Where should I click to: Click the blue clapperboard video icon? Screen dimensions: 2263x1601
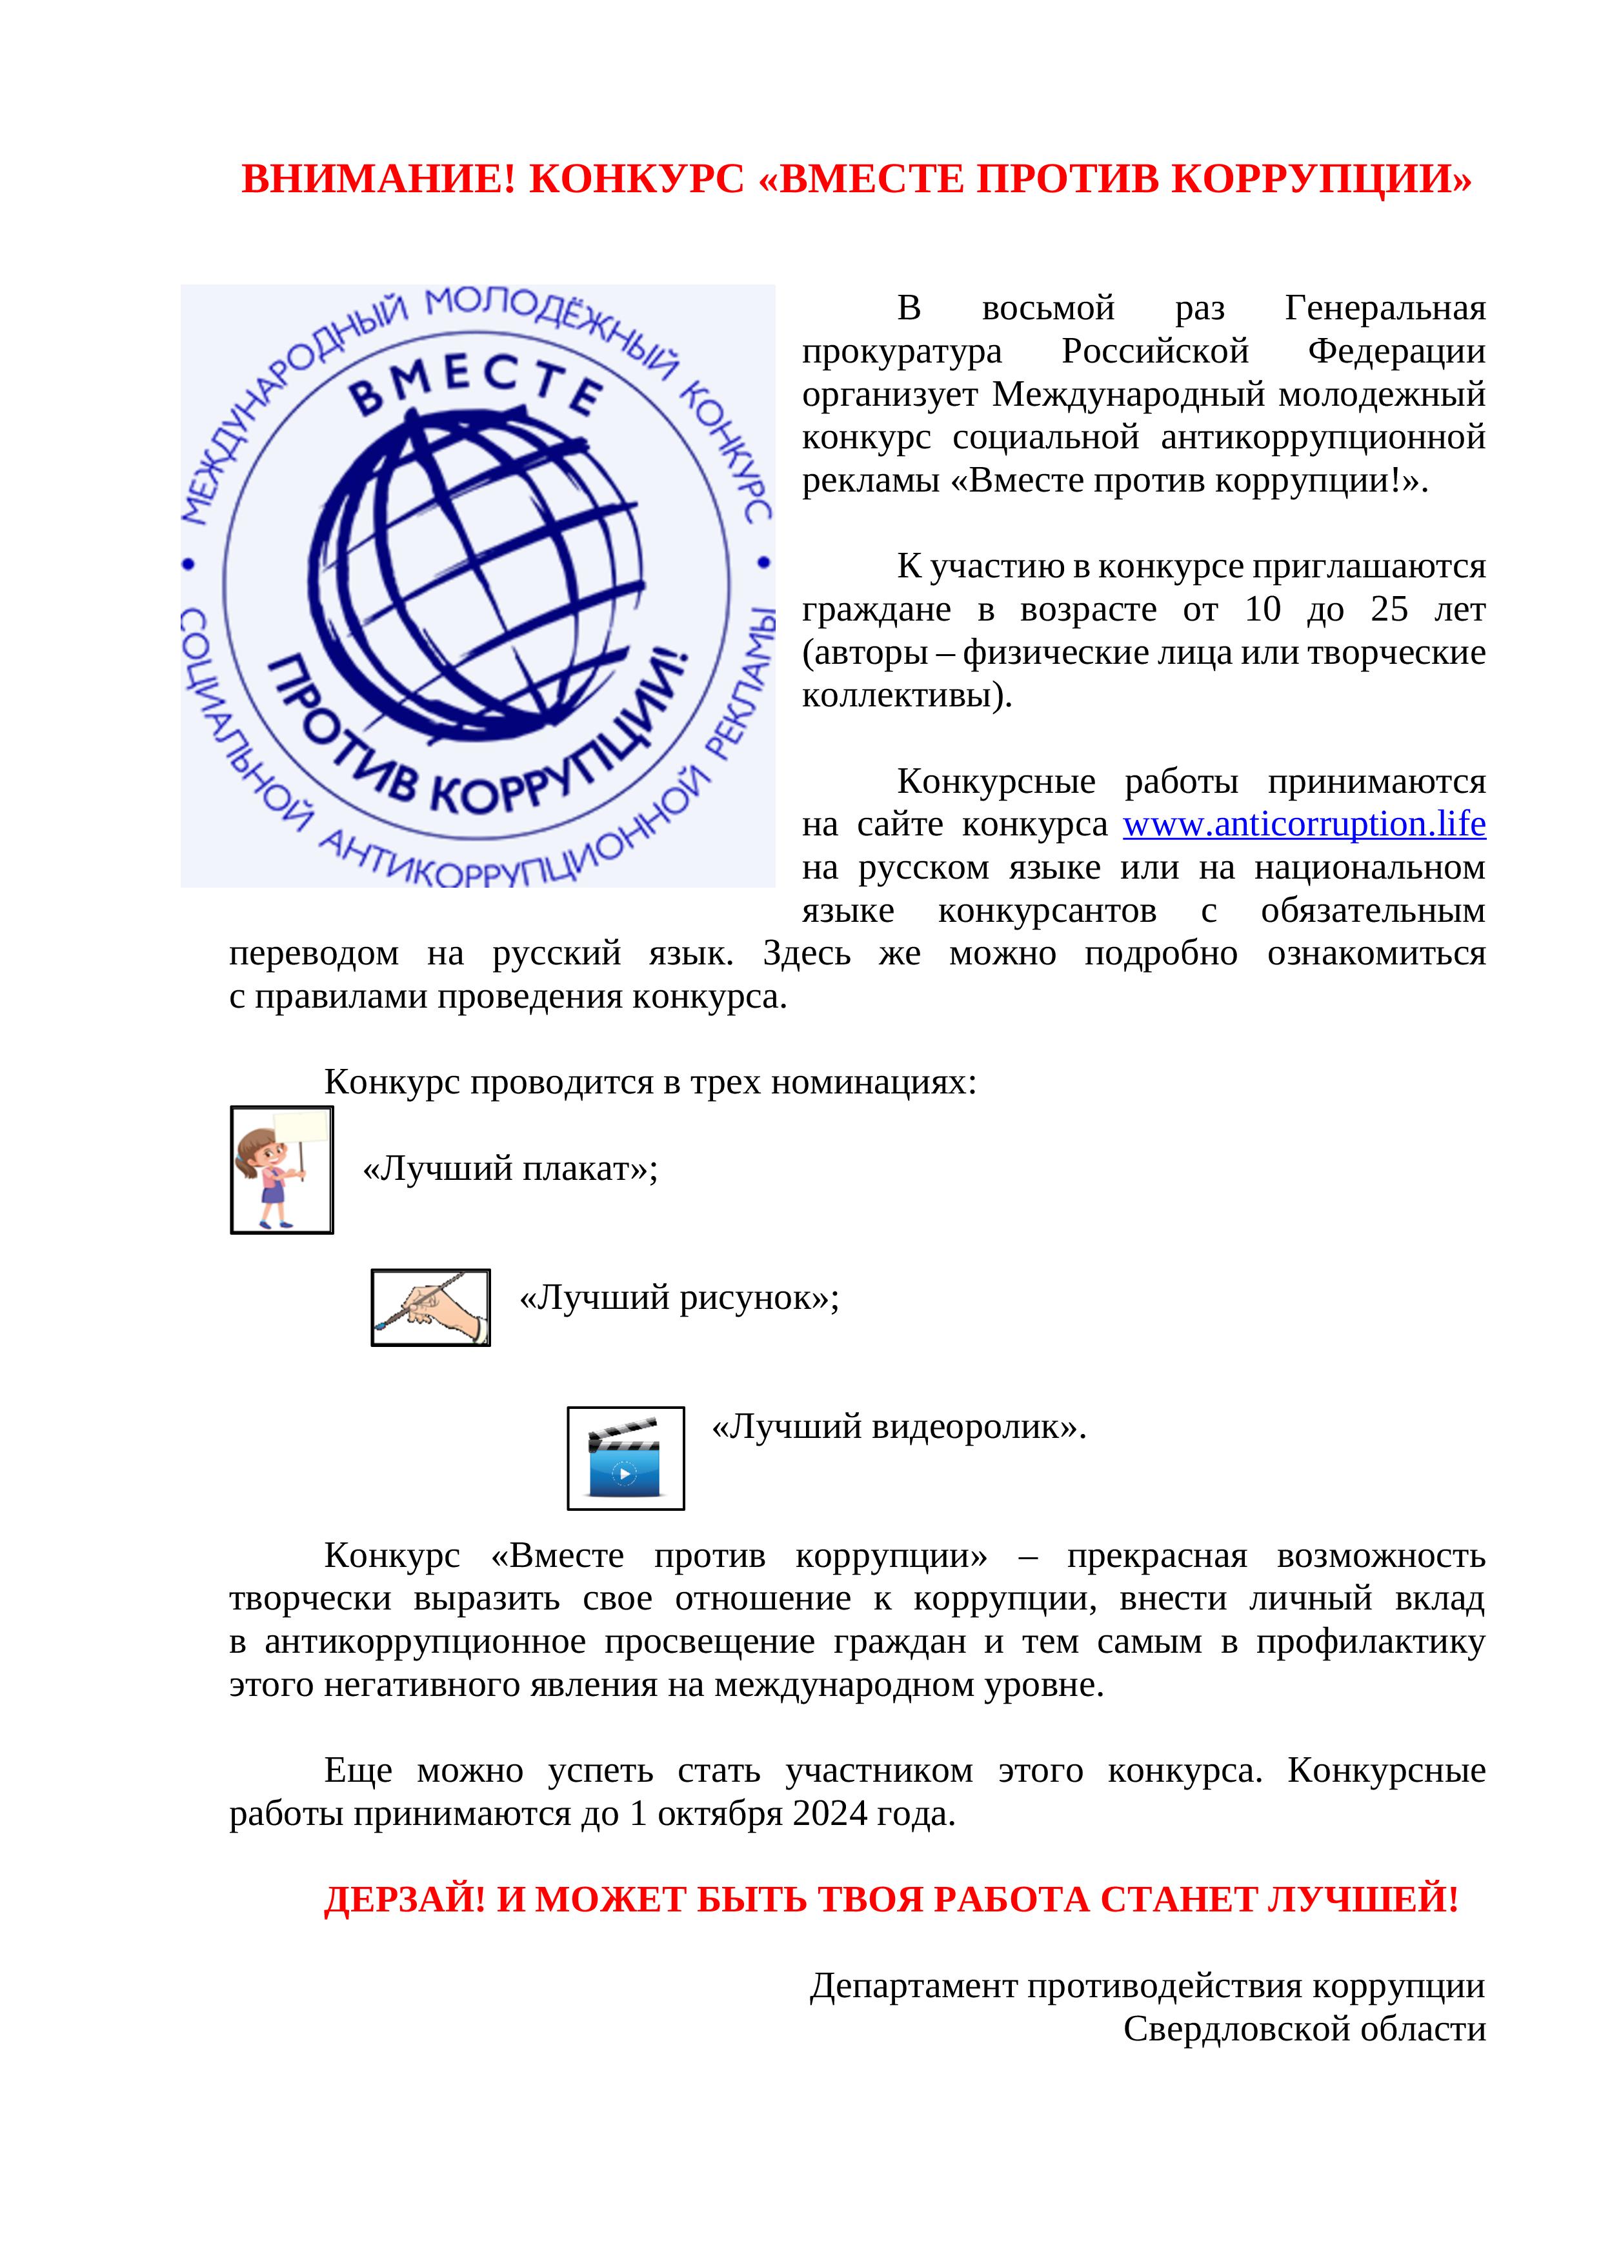[625, 1458]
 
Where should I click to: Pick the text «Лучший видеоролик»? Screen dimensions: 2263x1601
[898, 1426]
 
